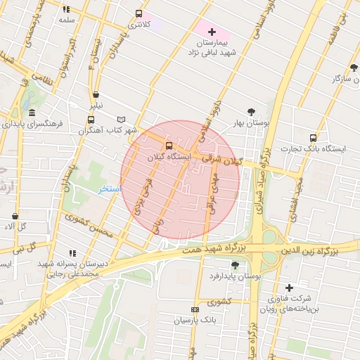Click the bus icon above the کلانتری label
(x=138, y=13)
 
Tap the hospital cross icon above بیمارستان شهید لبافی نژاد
(x=212, y=32)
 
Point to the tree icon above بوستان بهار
(x=251, y=112)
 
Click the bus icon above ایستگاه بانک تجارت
(x=313, y=138)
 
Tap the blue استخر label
(x=110, y=190)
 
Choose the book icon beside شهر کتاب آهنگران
(x=121, y=120)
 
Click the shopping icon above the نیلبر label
(x=96, y=94)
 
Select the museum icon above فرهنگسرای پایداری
(x=32, y=112)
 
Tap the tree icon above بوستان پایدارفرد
(x=234, y=265)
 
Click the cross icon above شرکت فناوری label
(x=289, y=288)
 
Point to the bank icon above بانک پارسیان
(x=195, y=309)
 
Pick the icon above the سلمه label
(x=67, y=10)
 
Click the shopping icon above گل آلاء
(x=15, y=216)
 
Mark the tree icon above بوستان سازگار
(x=350, y=68)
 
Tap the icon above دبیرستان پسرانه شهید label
(x=72, y=253)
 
